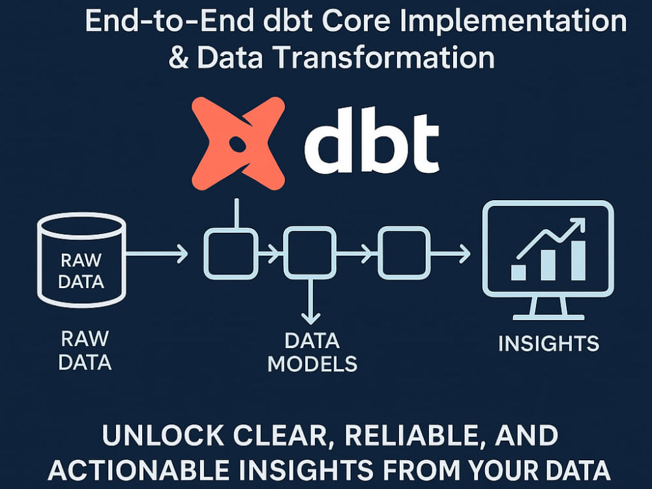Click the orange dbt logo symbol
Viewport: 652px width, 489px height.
click(238, 143)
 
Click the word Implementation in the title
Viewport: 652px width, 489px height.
click(512, 22)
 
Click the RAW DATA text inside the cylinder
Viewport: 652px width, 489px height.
click(81, 271)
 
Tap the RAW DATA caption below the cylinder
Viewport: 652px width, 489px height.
click(85, 350)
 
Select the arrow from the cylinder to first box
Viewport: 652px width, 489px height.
click(156, 253)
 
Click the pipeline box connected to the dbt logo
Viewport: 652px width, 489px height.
click(231, 253)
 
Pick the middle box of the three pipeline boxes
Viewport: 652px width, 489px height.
click(310, 253)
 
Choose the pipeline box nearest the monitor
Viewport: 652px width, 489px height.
click(404, 253)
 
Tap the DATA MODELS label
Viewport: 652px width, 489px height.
click(312, 352)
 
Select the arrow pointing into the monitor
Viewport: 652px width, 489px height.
click(451, 253)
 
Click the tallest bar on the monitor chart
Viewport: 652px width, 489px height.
click(578, 261)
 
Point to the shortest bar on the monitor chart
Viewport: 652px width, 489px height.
click(518, 273)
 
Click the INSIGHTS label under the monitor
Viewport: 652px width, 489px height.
click(549, 344)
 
